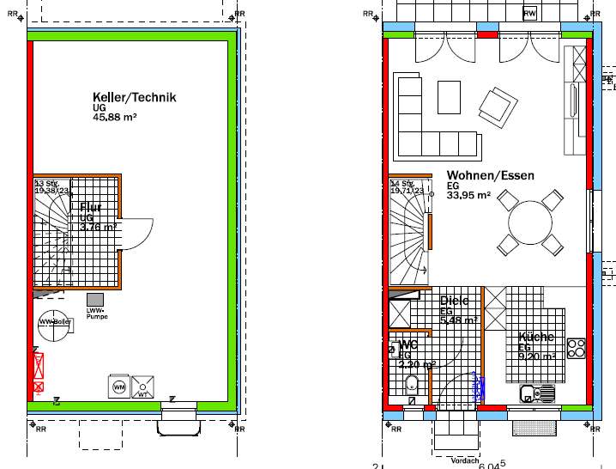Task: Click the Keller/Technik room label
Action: click(135, 97)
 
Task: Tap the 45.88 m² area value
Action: click(115, 118)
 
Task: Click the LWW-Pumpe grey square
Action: click(94, 300)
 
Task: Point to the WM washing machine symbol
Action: click(118, 387)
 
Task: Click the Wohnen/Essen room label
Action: click(490, 175)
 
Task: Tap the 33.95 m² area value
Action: click(468, 196)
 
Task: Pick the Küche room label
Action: click(536, 338)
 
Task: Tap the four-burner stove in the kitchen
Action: click(577, 348)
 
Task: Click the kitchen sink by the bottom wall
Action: click(538, 394)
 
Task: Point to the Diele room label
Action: click(454, 301)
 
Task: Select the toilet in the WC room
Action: click(411, 384)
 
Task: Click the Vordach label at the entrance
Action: click(464, 461)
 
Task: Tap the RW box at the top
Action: click(530, 13)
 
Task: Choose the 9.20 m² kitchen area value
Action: click(536, 356)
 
